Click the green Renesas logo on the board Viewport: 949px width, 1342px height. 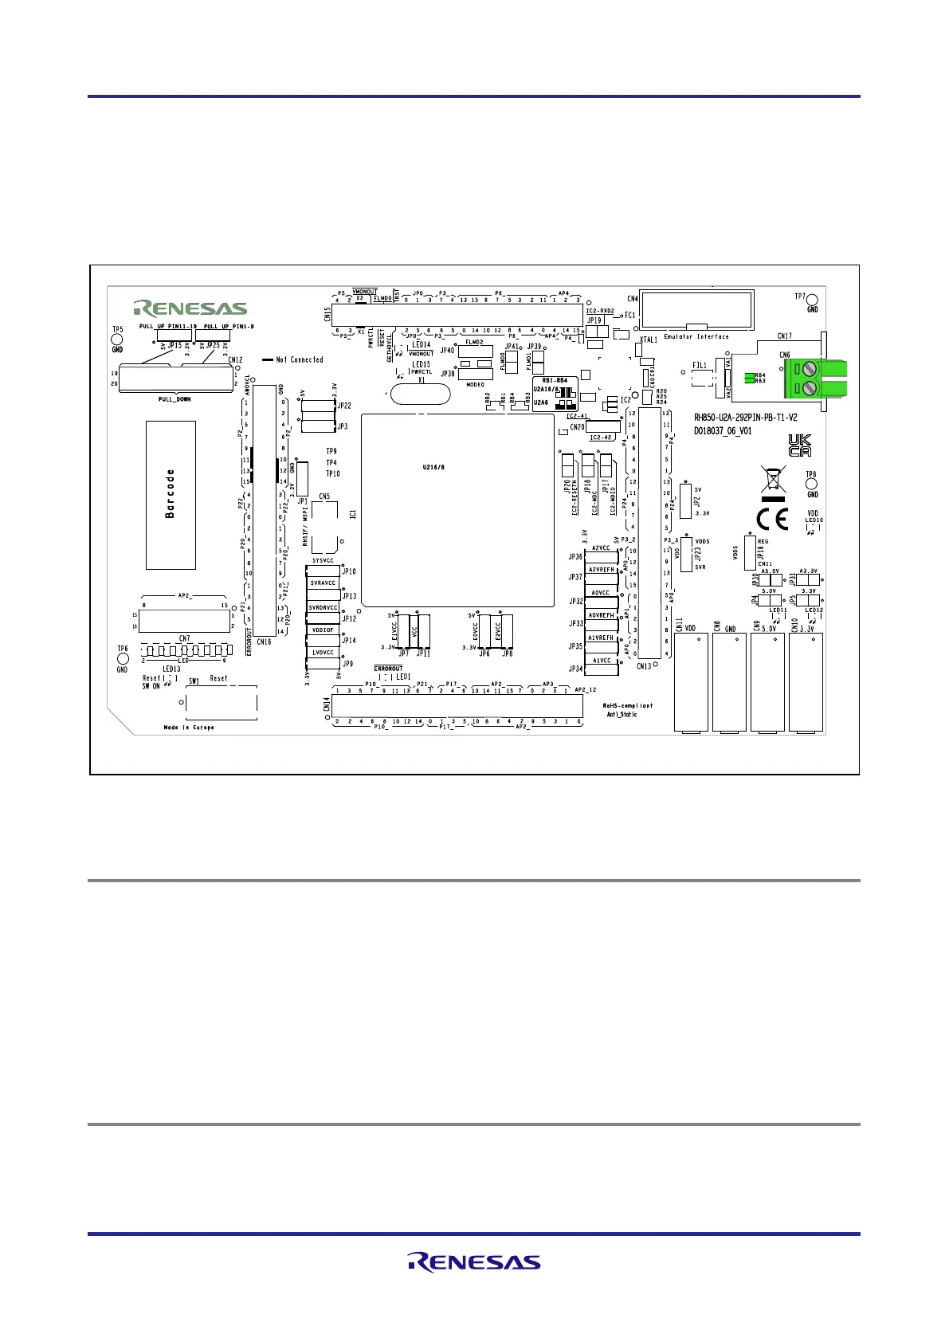pyautogui.click(x=190, y=308)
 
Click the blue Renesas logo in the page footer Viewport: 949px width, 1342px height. pyautogui.click(x=474, y=1262)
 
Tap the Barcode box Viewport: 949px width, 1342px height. pyautogui.click(x=171, y=495)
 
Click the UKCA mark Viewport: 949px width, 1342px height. pyautogui.click(x=799, y=445)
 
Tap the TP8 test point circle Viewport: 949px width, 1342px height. pyautogui.click(x=812, y=484)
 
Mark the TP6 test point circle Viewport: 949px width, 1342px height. pyautogui.click(x=122, y=659)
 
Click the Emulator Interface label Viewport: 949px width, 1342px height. pyautogui.click(x=696, y=336)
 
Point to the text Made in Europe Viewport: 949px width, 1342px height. pyautogui.click(x=189, y=728)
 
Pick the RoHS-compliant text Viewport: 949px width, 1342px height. pyautogui.click(x=627, y=705)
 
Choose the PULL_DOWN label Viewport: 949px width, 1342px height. pyautogui.click(x=175, y=399)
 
